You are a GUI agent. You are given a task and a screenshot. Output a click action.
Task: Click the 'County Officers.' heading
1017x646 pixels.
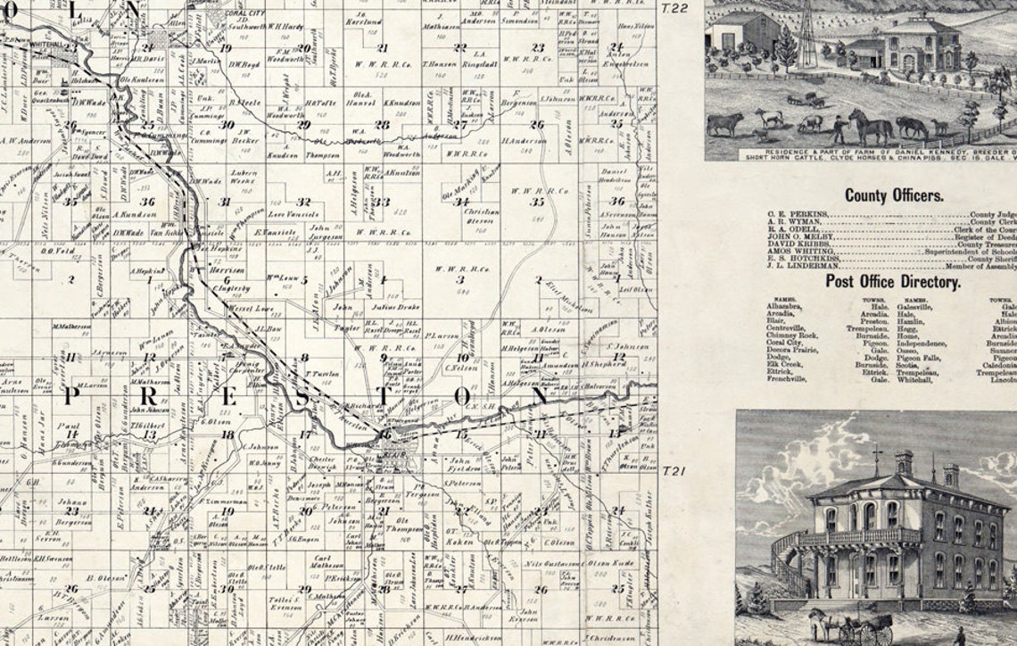coord(894,195)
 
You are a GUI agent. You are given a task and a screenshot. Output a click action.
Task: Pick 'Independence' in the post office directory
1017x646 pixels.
coord(924,343)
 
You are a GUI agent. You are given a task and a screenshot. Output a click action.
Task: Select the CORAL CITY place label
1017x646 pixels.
coord(247,15)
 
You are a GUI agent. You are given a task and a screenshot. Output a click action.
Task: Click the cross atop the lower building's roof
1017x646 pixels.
coord(878,458)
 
